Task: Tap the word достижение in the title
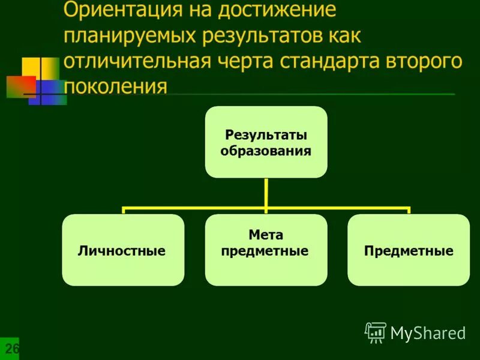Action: [x=277, y=10]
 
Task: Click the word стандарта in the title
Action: [x=340, y=61]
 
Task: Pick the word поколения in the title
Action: [x=115, y=86]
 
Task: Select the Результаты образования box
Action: [x=266, y=142]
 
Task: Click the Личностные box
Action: [x=122, y=250]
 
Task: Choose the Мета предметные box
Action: [x=266, y=250]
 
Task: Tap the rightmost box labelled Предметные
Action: [x=409, y=250]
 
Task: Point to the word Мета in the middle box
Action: [x=266, y=235]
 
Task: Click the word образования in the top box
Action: [x=266, y=151]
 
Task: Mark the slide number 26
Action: [x=11, y=349]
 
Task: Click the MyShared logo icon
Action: [x=376, y=332]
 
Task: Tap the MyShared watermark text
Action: [x=428, y=333]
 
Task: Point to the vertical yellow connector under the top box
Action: [x=266, y=193]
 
